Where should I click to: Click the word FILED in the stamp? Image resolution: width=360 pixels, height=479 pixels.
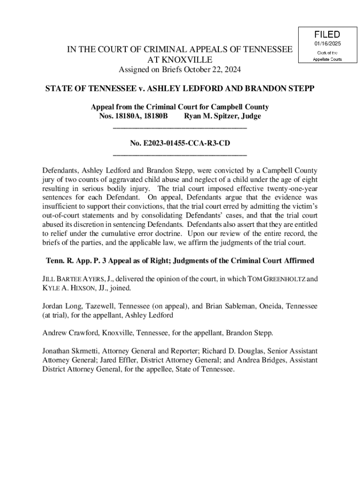click(x=327, y=35)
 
